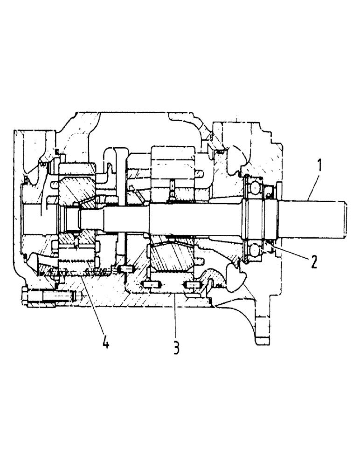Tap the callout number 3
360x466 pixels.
pos(176,348)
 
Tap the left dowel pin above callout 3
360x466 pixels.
pos(150,285)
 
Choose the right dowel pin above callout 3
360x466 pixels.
pos(192,284)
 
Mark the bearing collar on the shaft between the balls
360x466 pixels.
pos(255,219)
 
